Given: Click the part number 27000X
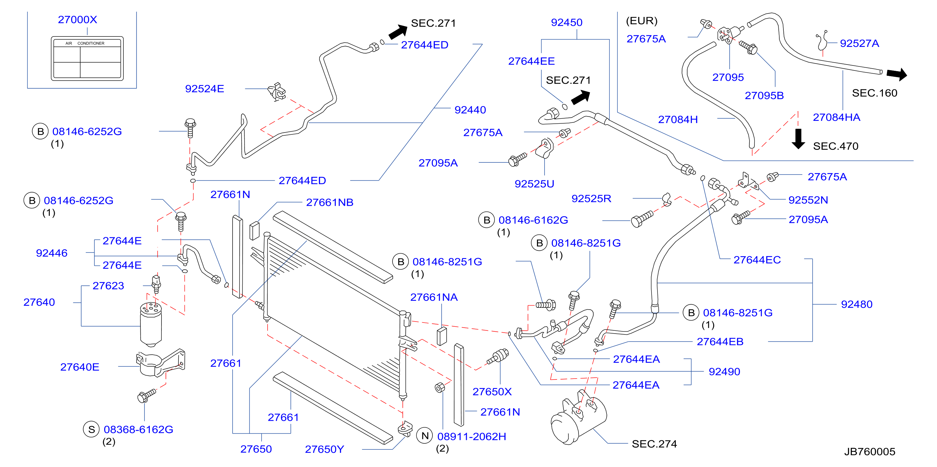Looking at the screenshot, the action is coord(77,20).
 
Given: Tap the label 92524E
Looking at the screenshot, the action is coord(204,89).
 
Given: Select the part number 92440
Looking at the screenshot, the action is coord(470,110).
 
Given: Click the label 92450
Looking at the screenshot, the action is coord(566,23).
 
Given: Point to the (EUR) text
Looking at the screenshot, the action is coord(642,21).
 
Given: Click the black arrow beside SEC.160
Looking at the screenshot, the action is coord(897,74).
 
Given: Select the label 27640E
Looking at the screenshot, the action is coord(80,367).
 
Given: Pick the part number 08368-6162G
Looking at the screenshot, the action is coord(138,430).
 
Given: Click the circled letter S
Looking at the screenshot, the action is coord(91,430).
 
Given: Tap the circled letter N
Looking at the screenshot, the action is coord(425,436).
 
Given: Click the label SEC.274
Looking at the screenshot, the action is coord(654,444).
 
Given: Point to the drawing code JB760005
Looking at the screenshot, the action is coord(869,452).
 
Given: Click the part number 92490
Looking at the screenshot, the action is coord(724,372).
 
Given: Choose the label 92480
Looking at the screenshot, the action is coord(857,304).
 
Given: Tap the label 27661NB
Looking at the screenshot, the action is coord(330,203).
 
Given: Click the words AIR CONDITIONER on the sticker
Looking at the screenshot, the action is coord(85,43).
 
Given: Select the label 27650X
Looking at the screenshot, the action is coord(492,392).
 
